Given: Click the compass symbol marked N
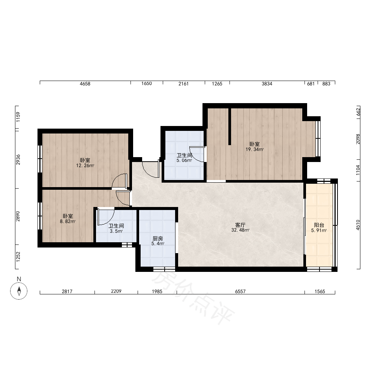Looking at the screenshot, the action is point(19,291).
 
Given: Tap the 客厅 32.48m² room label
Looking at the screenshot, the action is point(240,228).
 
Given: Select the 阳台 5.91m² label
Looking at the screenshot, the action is point(319,228).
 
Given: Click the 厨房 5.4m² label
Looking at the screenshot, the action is point(157,241).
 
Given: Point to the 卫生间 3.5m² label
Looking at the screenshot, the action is point(116,228).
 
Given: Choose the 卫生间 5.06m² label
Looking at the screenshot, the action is point(184,158).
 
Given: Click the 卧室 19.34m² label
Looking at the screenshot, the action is point(255,147).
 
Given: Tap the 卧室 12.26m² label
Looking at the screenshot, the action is point(85,163).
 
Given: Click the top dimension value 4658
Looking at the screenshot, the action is point(85,84).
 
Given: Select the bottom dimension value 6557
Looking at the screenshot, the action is point(240,291).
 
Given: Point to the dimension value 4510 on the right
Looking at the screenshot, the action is point(358,225).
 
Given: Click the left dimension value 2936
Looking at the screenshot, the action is point(18,160).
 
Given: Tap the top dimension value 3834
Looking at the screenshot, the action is point(267,84).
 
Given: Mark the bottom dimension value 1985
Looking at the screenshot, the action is point(157,291).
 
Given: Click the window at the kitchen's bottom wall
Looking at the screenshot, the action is point(164,269).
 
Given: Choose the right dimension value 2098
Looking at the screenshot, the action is point(358,139).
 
